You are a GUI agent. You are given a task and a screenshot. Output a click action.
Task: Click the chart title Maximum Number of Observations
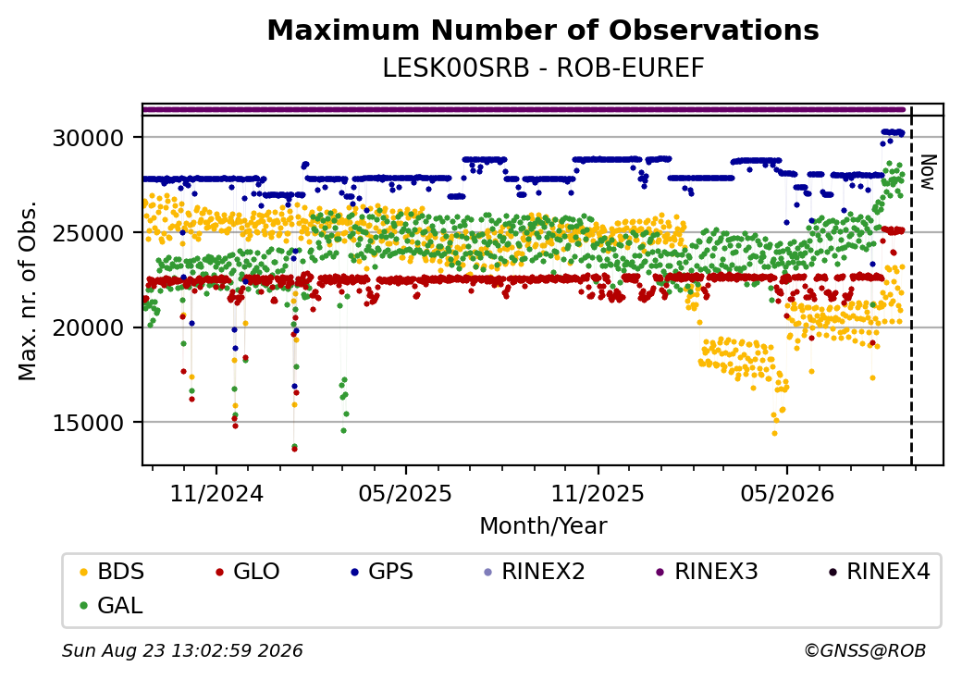tap(543, 30)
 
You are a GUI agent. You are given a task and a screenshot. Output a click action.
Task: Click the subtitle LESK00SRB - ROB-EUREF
tap(543, 68)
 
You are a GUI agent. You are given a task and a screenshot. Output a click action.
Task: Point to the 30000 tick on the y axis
tap(89, 138)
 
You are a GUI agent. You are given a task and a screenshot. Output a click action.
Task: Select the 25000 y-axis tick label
tap(89, 233)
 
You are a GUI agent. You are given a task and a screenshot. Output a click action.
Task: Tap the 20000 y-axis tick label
tap(89, 328)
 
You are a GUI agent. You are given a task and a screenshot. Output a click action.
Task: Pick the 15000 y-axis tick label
tap(89, 424)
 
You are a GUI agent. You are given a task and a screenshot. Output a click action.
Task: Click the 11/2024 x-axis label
tap(216, 494)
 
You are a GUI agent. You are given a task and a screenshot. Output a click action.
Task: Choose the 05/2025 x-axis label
tap(405, 494)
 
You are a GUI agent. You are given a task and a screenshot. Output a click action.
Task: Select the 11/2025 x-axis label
tap(598, 494)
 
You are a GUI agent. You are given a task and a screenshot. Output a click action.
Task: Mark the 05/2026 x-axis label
tap(787, 494)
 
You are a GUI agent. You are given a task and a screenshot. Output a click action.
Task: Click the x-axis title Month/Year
tap(543, 525)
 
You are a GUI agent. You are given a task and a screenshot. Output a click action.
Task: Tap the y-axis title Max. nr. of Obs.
tap(28, 290)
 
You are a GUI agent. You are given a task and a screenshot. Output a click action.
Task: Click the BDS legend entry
tap(113, 572)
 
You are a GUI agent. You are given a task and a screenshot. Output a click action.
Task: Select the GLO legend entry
tap(249, 572)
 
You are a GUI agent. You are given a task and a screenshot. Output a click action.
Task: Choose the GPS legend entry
tap(383, 572)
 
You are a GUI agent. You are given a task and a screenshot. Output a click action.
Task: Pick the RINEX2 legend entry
tap(535, 572)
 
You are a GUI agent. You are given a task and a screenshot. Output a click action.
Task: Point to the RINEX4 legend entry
tap(880, 572)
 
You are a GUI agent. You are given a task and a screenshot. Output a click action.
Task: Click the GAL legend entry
tap(112, 605)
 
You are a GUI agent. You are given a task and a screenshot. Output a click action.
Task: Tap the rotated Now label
tap(929, 172)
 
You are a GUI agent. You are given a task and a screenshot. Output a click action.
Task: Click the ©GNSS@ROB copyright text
tap(865, 650)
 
